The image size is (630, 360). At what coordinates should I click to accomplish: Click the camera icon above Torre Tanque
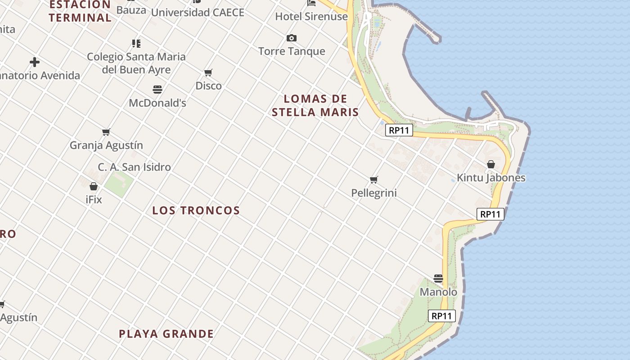(292, 38)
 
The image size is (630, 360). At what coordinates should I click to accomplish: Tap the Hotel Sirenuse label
(311, 17)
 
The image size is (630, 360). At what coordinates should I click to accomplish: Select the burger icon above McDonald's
(157, 90)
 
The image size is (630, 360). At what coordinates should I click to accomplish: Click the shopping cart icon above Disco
(208, 72)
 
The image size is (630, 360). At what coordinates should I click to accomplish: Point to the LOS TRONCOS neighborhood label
(196, 211)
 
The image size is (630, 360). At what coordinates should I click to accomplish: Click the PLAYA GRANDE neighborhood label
(166, 334)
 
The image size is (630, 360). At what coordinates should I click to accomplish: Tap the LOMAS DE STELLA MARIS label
(315, 105)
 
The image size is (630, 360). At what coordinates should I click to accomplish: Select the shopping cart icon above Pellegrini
(373, 180)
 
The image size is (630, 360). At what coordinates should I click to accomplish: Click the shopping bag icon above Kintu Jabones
(491, 165)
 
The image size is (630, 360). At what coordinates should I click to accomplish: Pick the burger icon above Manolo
(438, 279)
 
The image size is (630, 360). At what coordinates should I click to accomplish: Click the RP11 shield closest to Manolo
(441, 316)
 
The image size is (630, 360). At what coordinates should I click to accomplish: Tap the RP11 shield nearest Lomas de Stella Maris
(399, 130)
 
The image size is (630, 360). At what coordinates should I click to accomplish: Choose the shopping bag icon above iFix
(94, 186)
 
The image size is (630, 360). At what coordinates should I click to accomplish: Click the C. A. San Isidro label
(134, 167)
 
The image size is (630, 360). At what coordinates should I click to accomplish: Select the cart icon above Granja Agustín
(106, 132)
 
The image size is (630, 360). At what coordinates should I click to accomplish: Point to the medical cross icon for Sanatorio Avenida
(35, 62)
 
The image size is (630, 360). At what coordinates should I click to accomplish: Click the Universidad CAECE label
(198, 13)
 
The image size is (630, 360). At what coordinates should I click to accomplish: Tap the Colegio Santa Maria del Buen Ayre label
(136, 63)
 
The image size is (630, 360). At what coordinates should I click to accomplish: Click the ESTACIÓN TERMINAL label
(80, 11)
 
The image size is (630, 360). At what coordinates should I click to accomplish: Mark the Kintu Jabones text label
(491, 178)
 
